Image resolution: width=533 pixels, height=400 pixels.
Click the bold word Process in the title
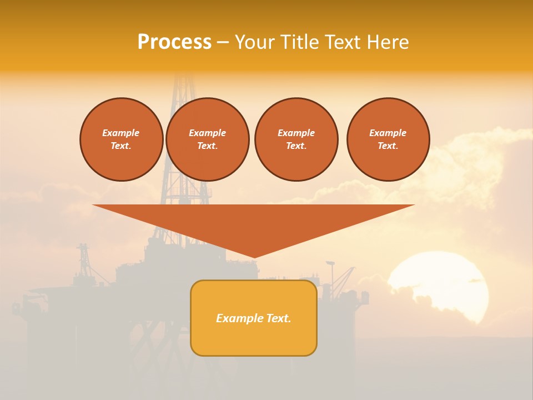(174, 42)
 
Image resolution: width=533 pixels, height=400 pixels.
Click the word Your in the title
(255, 42)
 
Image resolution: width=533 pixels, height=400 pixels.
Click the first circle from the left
(121, 139)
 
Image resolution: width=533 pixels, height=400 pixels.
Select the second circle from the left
(207, 139)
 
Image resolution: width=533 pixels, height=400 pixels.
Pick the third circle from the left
(296, 139)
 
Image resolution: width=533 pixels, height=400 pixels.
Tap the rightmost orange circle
(388, 139)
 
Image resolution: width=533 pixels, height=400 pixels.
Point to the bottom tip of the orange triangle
(254, 257)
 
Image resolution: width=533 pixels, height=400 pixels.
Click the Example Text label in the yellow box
(254, 318)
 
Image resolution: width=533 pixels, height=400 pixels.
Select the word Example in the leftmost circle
(121, 133)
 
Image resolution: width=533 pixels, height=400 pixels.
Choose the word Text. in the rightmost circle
(388, 146)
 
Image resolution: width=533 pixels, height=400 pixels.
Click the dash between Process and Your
(223, 42)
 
